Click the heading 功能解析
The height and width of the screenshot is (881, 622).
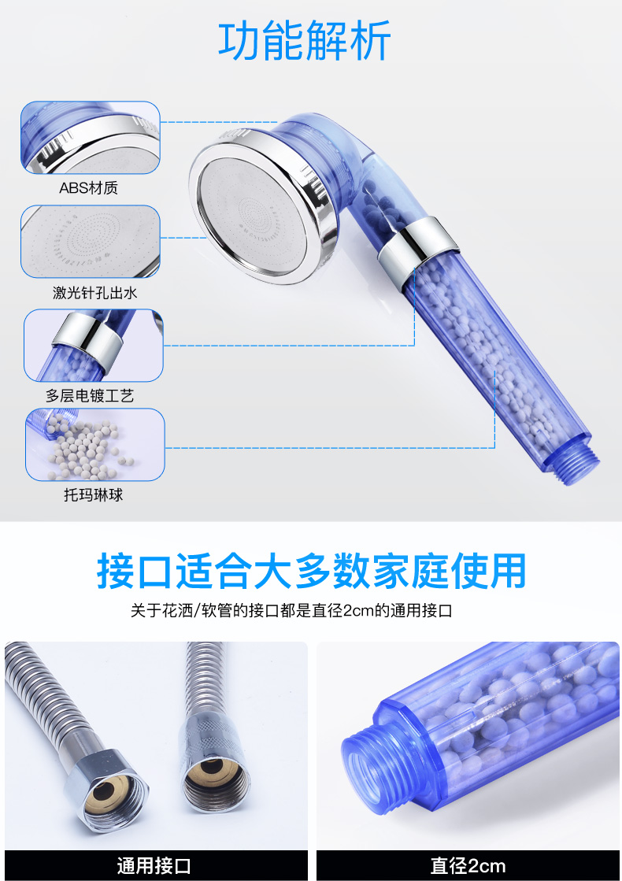(x=304, y=40)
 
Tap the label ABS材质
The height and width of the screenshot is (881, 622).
(x=89, y=187)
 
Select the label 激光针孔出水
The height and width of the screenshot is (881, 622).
(x=94, y=292)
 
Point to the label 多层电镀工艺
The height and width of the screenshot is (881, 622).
(x=90, y=395)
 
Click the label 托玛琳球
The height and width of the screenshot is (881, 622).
(x=93, y=494)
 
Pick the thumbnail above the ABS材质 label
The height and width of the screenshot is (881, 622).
(x=91, y=138)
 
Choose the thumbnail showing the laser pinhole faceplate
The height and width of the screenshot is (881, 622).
(x=91, y=242)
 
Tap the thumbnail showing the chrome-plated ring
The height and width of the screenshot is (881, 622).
(x=93, y=346)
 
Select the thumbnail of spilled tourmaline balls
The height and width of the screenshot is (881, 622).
(x=95, y=444)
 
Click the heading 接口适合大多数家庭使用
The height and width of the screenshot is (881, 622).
(x=311, y=571)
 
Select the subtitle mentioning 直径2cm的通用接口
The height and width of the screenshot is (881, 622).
(x=291, y=610)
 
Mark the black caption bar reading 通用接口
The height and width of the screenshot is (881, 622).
(x=156, y=865)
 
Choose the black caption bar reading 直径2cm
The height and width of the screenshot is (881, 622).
(x=468, y=865)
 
